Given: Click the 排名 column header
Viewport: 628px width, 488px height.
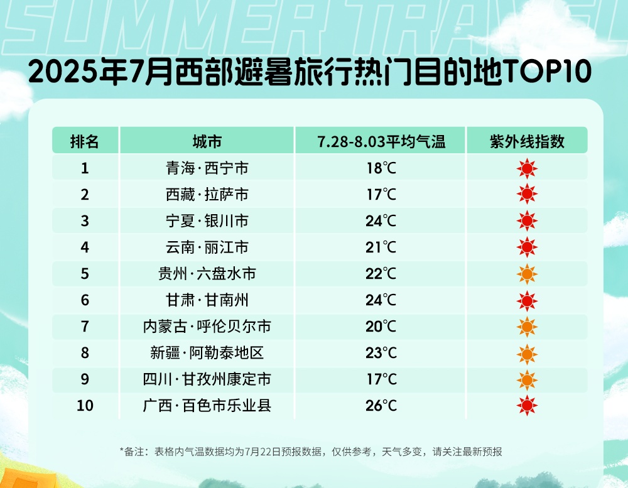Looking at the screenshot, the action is (85, 141).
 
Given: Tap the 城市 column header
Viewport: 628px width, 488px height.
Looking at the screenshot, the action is (207, 141).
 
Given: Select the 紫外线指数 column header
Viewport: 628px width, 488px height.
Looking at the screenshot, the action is (527, 141).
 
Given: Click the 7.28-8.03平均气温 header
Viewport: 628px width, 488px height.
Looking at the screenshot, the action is (381, 141).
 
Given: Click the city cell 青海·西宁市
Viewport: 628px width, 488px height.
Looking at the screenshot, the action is (207, 168).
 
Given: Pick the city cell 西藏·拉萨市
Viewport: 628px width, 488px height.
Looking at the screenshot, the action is (207, 194).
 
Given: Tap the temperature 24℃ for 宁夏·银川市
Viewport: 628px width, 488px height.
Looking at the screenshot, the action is (381, 221).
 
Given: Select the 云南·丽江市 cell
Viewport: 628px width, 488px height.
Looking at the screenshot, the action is (207, 247).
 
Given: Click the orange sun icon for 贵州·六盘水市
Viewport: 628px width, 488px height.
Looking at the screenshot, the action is (527, 274).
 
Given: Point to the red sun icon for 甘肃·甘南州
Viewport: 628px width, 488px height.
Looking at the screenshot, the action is (527, 301).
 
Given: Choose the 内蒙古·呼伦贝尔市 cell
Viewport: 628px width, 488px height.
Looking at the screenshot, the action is (207, 326).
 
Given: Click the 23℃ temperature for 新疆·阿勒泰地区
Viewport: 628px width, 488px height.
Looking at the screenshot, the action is (381, 352).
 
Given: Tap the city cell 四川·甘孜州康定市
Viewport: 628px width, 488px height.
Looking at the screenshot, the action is (207, 379).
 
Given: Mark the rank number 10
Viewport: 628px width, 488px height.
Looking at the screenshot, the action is (85, 406).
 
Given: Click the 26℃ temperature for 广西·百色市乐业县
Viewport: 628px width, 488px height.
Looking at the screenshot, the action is (381, 406).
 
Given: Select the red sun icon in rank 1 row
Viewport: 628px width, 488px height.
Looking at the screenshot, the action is (527, 168).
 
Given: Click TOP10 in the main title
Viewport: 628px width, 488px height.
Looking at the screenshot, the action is (547, 72).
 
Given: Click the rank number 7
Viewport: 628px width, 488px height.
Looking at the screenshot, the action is (85, 326).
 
